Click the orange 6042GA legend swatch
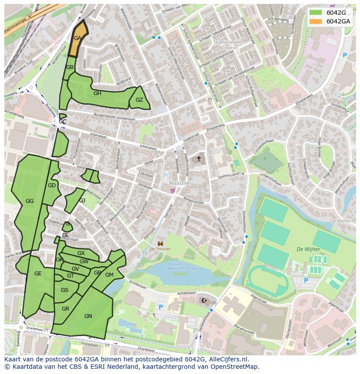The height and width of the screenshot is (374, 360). [x=316, y=21]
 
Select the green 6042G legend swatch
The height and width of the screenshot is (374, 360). [x=316, y=13]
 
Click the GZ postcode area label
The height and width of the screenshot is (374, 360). [x=139, y=100]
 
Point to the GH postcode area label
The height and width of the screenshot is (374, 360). [x=97, y=93]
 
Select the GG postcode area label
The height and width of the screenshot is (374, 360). [x=30, y=201]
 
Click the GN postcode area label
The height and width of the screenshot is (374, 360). [x=88, y=316]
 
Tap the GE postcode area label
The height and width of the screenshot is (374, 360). [x=38, y=274]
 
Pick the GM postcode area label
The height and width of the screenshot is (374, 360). [x=109, y=275]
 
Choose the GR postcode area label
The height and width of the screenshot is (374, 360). [x=65, y=309]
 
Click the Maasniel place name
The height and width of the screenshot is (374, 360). [x=177, y=183]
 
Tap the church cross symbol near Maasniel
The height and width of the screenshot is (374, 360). [x=199, y=159]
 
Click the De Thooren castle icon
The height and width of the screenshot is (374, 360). [x=160, y=243]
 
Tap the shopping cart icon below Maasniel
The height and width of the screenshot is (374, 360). [x=173, y=190]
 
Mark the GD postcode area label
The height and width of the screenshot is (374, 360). [x=52, y=185]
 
